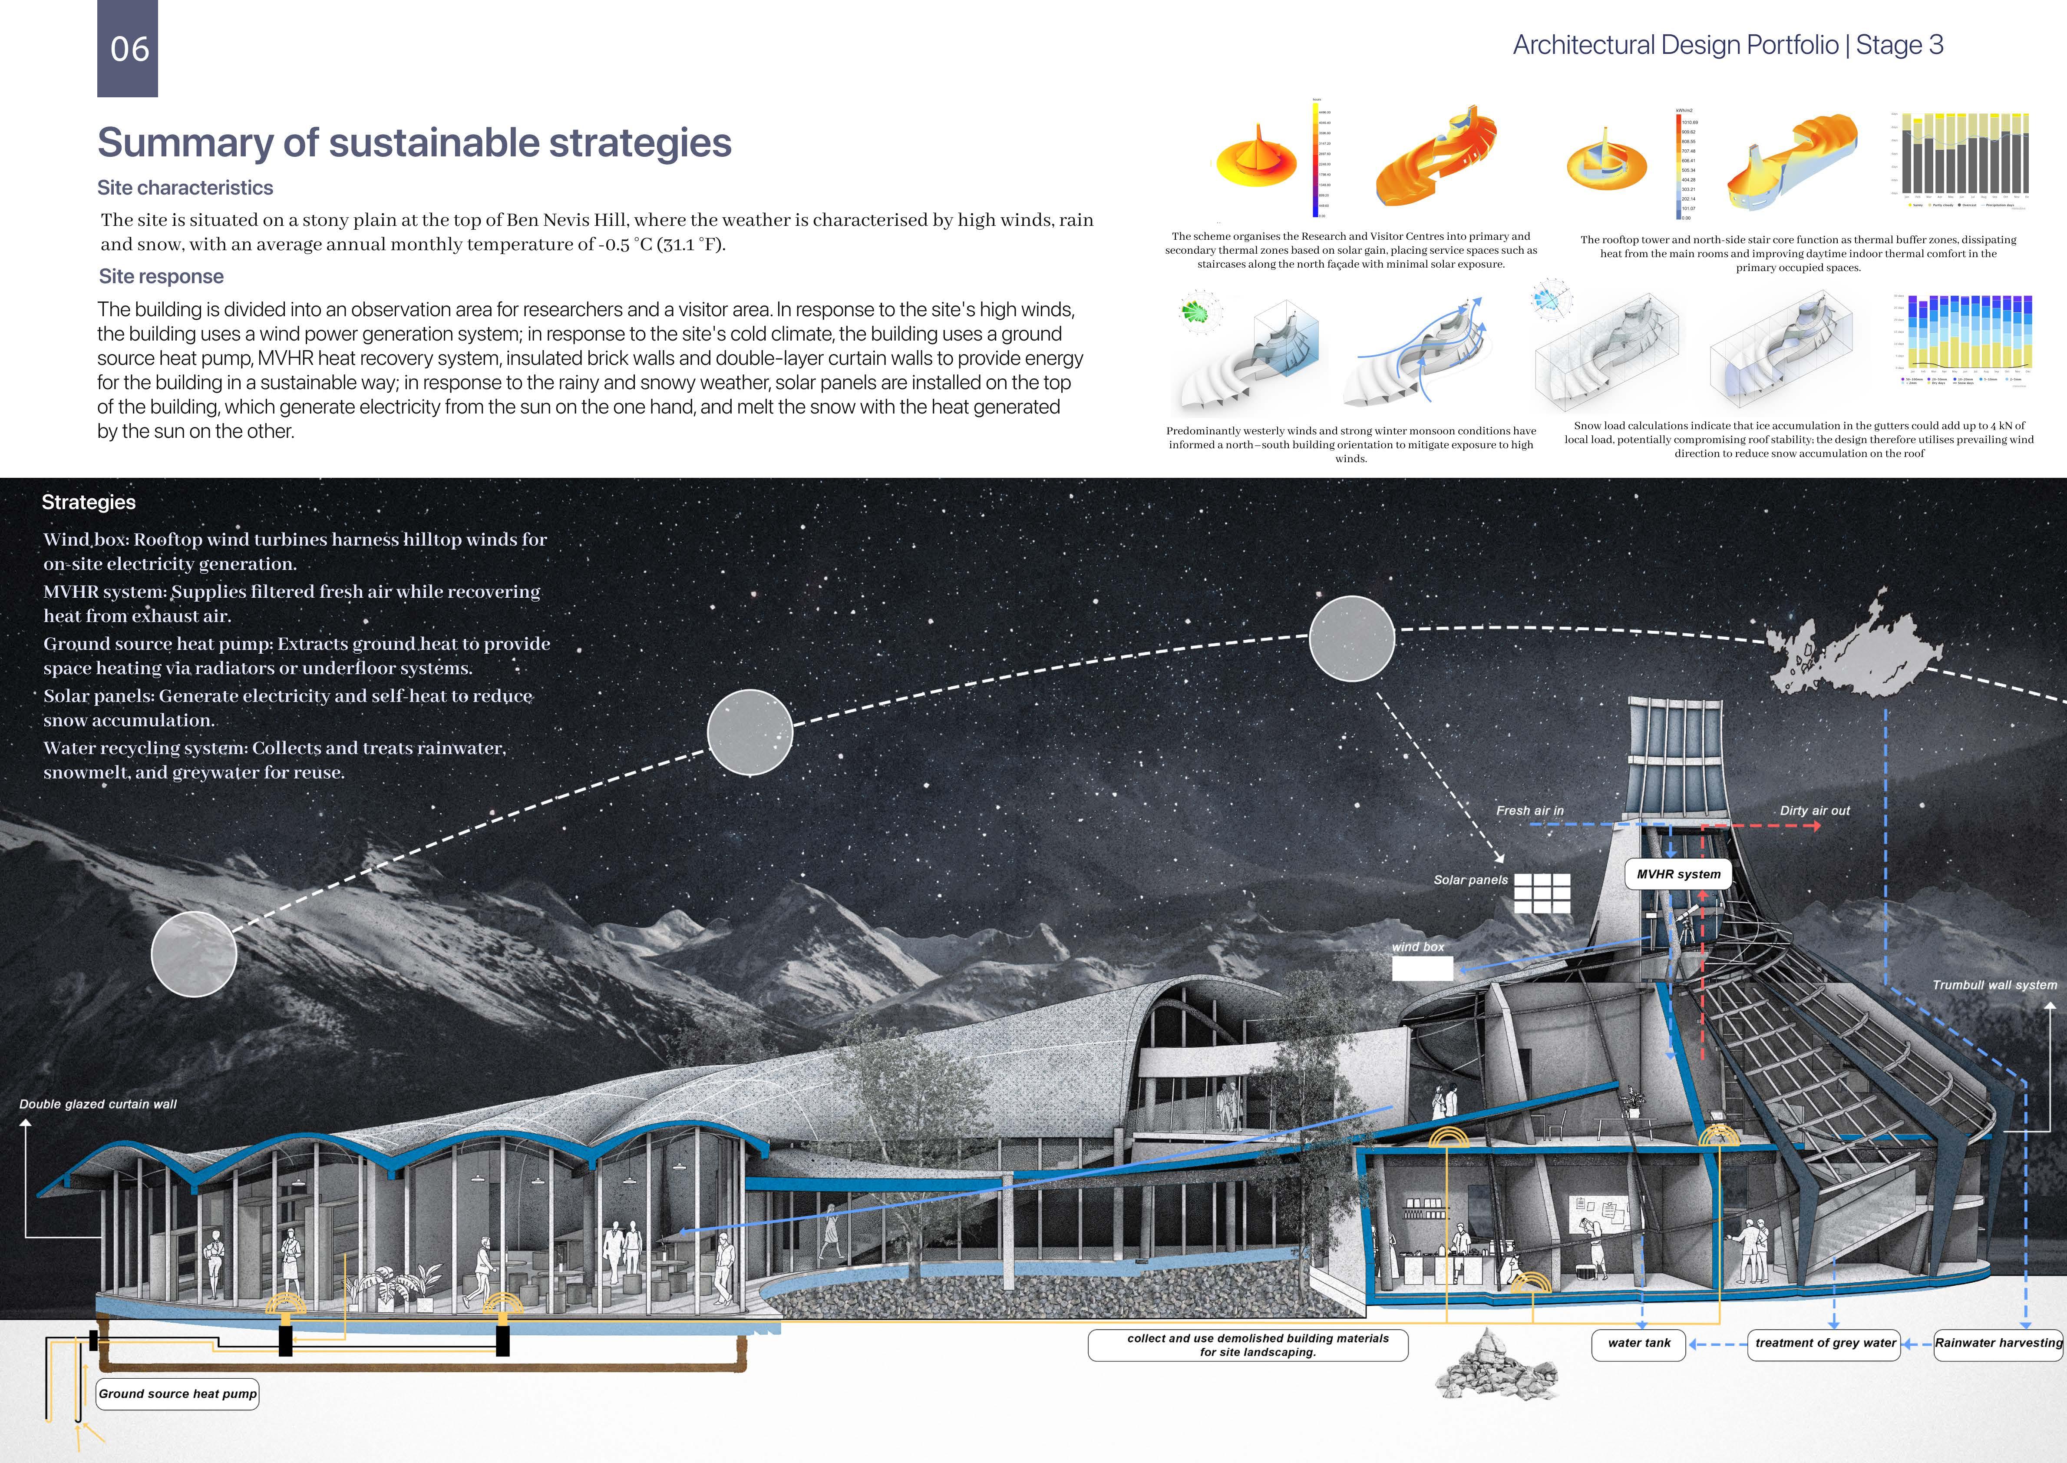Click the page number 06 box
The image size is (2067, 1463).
click(x=128, y=49)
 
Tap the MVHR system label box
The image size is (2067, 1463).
click(x=1678, y=874)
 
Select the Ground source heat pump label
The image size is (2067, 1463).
click(x=178, y=1393)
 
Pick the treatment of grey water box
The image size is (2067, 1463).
click(x=1825, y=1343)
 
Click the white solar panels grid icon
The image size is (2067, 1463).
click(x=1542, y=893)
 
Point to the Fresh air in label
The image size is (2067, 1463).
click(x=1529, y=811)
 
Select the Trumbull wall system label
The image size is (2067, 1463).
click(x=1994, y=985)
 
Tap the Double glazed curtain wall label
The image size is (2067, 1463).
click(x=98, y=1104)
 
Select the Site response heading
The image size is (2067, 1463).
click(x=161, y=277)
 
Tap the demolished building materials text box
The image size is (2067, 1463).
click(x=1248, y=1345)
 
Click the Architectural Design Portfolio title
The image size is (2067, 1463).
click(x=1727, y=45)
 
